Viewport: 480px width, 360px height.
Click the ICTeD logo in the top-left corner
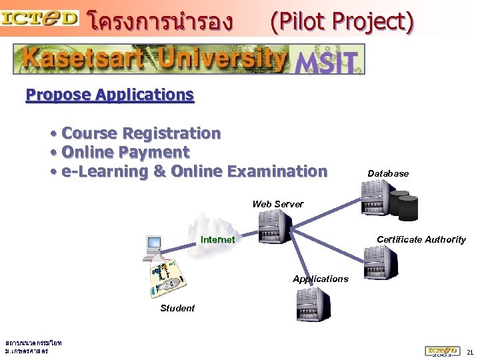click(x=40, y=18)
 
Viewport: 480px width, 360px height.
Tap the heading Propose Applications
click(x=110, y=95)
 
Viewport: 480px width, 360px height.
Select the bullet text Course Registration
click(x=141, y=133)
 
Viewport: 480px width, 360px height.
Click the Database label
click(x=388, y=173)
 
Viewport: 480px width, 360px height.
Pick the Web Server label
click(x=278, y=204)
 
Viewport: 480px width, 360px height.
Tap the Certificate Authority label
click(x=421, y=239)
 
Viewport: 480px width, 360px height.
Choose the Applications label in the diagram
click(x=321, y=279)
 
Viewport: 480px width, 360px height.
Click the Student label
click(x=177, y=308)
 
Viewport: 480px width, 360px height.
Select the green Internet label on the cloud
click(x=218, y=239)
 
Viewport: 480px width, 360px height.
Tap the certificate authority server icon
click(x=380, y=261)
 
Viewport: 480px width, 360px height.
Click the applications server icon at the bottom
click(x=313, y=307)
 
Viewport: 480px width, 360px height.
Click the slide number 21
click(x=470, y=351)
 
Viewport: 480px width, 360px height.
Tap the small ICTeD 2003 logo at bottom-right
click(x=442, y=351)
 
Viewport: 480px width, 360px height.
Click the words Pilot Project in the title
click(x=341, y=22)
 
